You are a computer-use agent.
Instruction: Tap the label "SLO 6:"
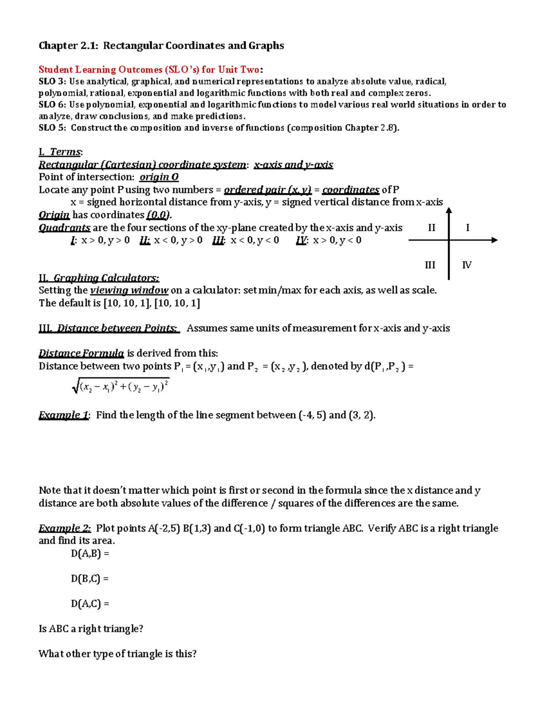pos(52,104)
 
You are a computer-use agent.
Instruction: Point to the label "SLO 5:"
pos(52,128)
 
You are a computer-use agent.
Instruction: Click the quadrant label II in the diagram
pos(431,227)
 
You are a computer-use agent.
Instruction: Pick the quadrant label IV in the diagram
pos(466,265)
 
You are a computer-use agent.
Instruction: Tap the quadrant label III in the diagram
pos(430,265)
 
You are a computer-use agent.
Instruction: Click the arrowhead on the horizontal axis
pos(494,240)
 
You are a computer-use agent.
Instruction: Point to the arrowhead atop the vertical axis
pos(449,211)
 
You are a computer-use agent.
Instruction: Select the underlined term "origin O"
pos(159,177)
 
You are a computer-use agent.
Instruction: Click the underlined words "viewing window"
pos(129,290)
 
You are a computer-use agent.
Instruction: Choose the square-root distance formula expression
pos(121,387)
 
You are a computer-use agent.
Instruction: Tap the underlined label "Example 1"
pos(63,415)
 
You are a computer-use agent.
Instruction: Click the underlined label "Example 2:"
pos(65,528)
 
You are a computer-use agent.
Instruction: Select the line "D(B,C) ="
pos(90,579)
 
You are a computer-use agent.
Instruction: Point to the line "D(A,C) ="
pos(90,604)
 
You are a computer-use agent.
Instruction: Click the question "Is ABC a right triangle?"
pos(91,629)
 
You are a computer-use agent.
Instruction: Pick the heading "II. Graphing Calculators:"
pos(99,278)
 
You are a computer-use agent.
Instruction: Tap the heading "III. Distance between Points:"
pos(109,328)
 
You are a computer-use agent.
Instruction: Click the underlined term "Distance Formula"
pos(81,353)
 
